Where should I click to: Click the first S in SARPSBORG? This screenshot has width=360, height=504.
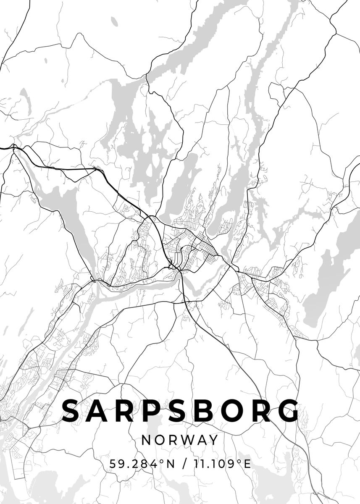(73, 411)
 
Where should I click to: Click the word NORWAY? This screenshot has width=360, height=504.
(180, 440)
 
